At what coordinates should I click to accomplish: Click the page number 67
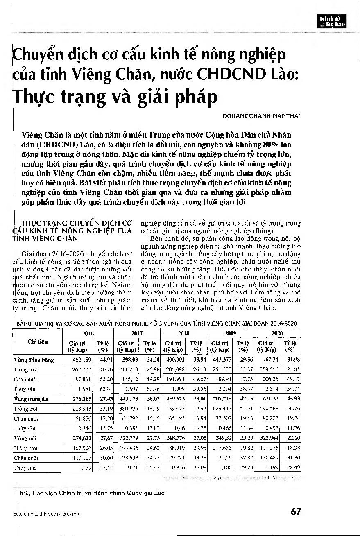[x=296, y=512]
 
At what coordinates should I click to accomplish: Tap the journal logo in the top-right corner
[x=333, y=20]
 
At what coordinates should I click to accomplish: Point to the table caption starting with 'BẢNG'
[x=156, y=323]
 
